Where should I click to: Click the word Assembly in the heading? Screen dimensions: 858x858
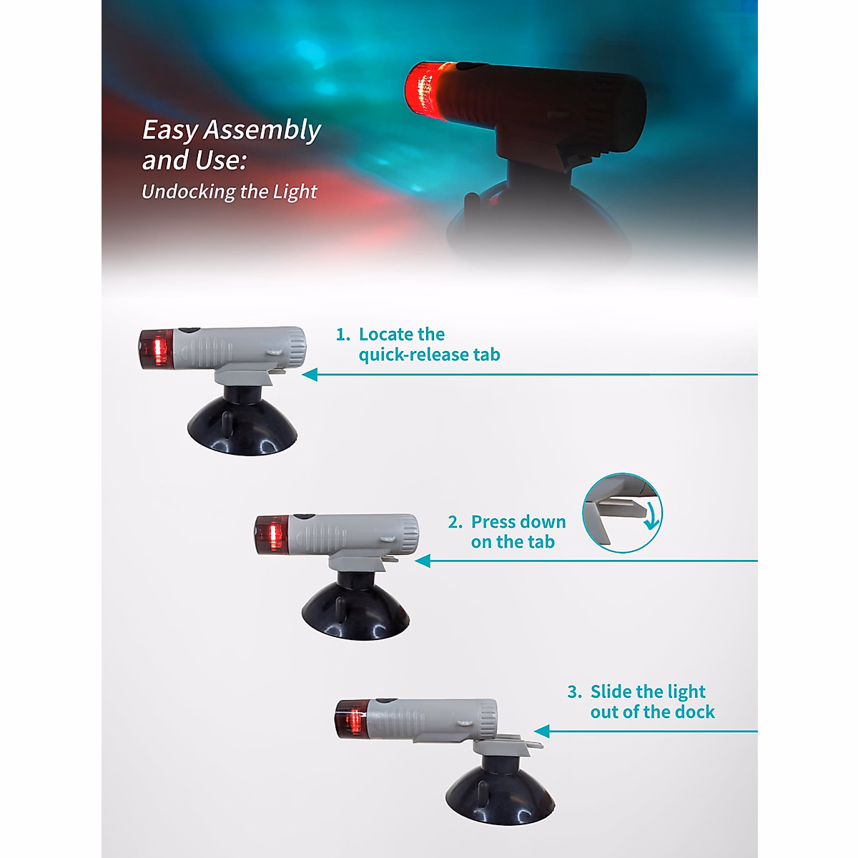(x=262, y=130)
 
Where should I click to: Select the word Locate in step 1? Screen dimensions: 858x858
(x=387, y=335)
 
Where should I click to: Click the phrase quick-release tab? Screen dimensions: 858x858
(x=429, y=355)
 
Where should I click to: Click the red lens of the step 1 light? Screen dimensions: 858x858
(x=157, y=350)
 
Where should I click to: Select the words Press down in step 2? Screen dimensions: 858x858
(x=518, y=522)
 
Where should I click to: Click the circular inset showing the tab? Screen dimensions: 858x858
(x=622, y=513)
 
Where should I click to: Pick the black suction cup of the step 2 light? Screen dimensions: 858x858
(x=355, y=611)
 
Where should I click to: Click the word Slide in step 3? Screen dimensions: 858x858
(x=611, y=692)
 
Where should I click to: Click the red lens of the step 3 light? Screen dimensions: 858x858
(x=352, y=719)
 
